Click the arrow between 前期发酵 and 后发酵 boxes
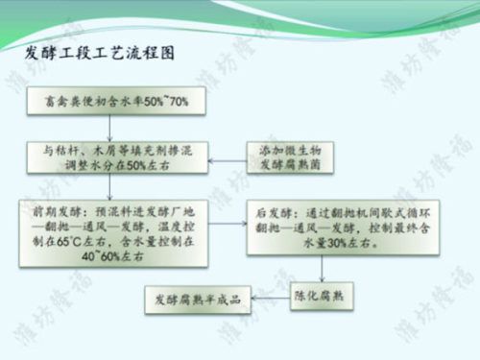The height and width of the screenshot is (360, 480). coord(220,228)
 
